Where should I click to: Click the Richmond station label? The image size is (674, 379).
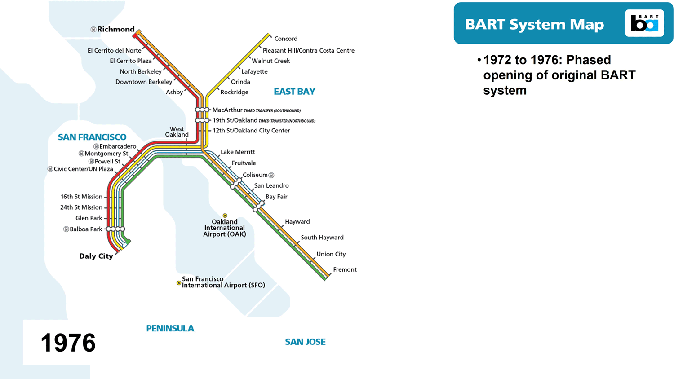[x=115, y=29]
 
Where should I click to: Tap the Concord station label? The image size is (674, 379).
[x=286, y=39]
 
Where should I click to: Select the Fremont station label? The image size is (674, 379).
[x=345, y=269]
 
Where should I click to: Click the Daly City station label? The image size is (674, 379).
[x=96, y=256]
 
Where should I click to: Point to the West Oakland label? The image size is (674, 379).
[x=177, y=132]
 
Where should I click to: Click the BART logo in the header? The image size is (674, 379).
[x=644, y=23]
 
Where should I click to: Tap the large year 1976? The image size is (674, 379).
[x=68, y=343]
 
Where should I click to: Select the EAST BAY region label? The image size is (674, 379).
[x=294, y=92]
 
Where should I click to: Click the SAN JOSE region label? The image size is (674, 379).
[x=305, y=342]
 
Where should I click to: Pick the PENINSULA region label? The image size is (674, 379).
[x=170, y=328]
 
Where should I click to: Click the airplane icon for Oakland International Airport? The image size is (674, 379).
[x=225, y=216]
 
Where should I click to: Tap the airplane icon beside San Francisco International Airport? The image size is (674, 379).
[x=179, y=283]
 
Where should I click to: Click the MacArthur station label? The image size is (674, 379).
[x=227, y=110]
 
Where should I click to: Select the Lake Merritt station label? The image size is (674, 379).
[x=238, y=152]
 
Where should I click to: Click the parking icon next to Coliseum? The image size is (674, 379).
[x=271, y=175]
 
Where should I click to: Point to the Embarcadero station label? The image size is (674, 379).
[x=118, y=146]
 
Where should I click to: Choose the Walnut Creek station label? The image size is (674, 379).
[x=270, y=61]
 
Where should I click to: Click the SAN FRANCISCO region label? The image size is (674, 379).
[x=92, y=137]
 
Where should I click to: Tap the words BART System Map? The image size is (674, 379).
[x=534, y=24]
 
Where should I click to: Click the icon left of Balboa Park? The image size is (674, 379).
[x=66, y=229]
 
